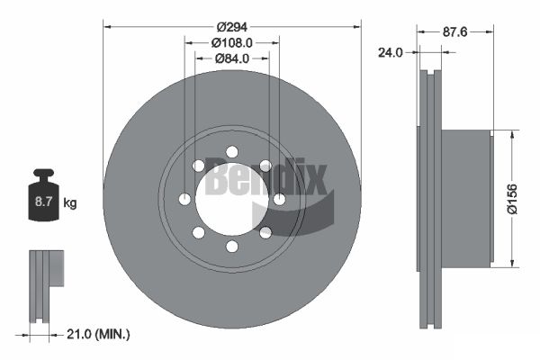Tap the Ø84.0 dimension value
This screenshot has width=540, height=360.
(232, 58)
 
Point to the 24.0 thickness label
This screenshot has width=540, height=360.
(390, 52)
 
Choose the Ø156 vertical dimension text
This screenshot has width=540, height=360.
(513, 197)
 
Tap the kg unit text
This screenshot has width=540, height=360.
(70, 203)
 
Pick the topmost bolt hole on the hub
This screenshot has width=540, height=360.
(232, 151)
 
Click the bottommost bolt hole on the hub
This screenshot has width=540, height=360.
(232, 246)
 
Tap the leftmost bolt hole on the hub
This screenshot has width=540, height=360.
(185, 199)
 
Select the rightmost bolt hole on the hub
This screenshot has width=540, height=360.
(279, 199)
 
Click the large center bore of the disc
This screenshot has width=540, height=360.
(231, 199)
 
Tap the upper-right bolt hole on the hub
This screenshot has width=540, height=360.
(265, 166)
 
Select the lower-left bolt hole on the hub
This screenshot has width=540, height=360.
(198, 232)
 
